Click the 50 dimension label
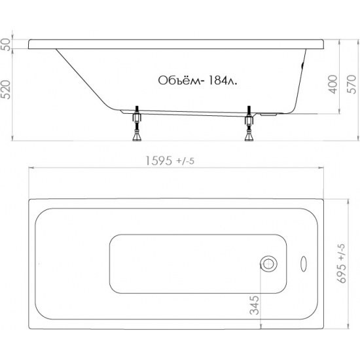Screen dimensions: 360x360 click(x=7, y=45)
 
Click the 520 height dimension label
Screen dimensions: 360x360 click(x=7, y=90)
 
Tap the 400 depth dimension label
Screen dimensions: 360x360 click(x=333, y=84)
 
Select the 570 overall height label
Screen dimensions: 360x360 click(x=351, y=84)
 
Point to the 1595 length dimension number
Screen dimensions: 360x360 click(x=158, y=160)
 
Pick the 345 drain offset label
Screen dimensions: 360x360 click(x=255, y=305)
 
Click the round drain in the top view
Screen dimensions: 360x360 click(x=268, y=264)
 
